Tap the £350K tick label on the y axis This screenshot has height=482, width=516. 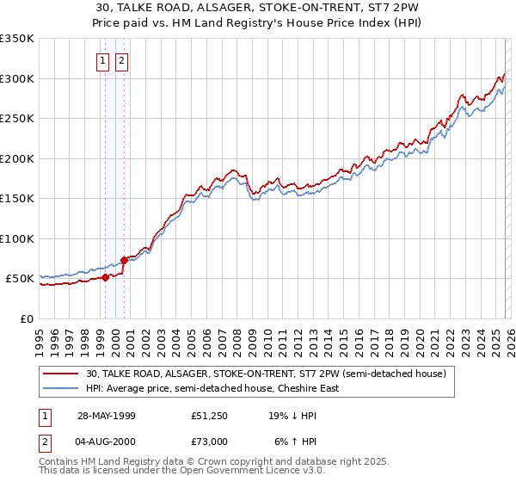(x=17, y=39)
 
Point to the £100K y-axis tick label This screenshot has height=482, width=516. (x=17, y=238)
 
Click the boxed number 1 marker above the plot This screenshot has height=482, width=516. (x=102, y=60)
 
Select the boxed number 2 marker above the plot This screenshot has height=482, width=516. (x=121, y=60)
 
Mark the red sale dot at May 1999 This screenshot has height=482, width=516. (x=106, y=277)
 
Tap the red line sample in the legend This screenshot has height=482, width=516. (x=62, y=374)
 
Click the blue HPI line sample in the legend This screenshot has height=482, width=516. (x=62, y=388)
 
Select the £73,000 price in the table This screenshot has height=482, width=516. (x=209, y=442)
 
